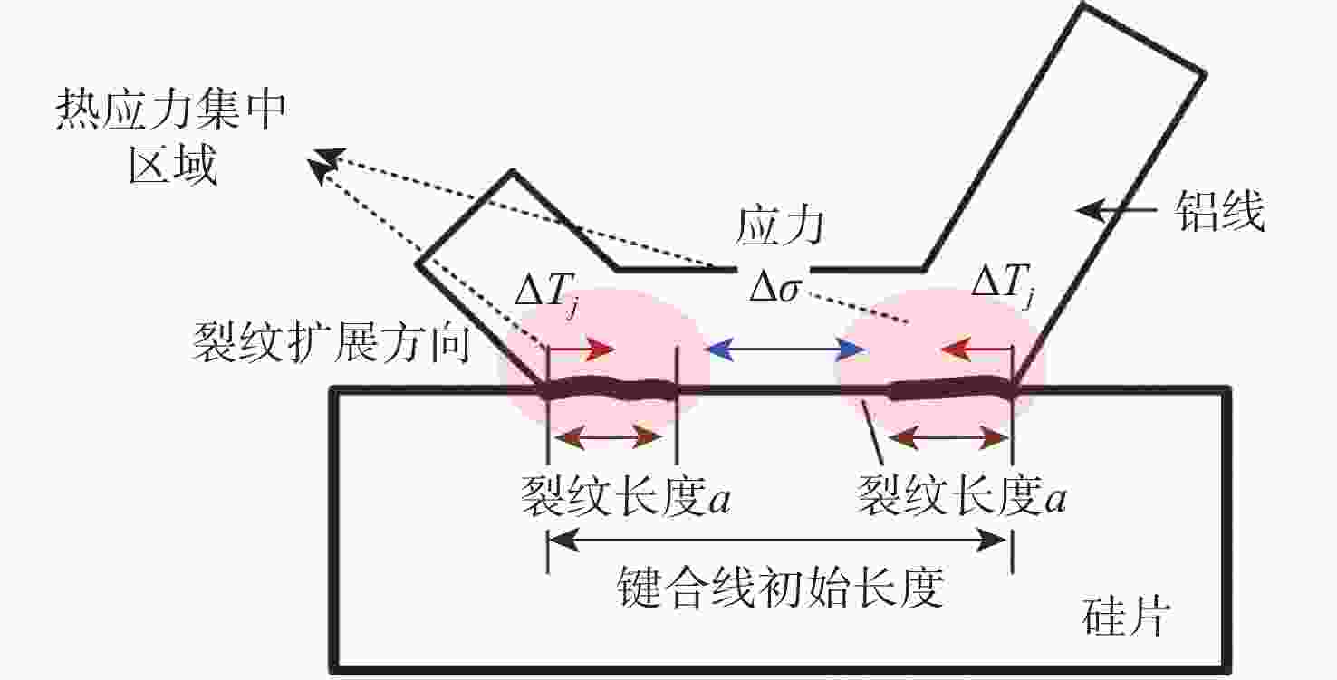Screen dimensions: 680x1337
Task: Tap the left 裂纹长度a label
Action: pos(626,497)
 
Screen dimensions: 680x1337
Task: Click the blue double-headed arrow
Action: pos(784,349)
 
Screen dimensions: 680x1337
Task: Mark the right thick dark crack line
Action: pos(951,390)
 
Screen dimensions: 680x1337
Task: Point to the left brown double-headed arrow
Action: pos(610,439)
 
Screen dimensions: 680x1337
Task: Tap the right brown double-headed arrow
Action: pos(948,439)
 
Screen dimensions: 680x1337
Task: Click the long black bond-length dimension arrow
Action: pos(779,541)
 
